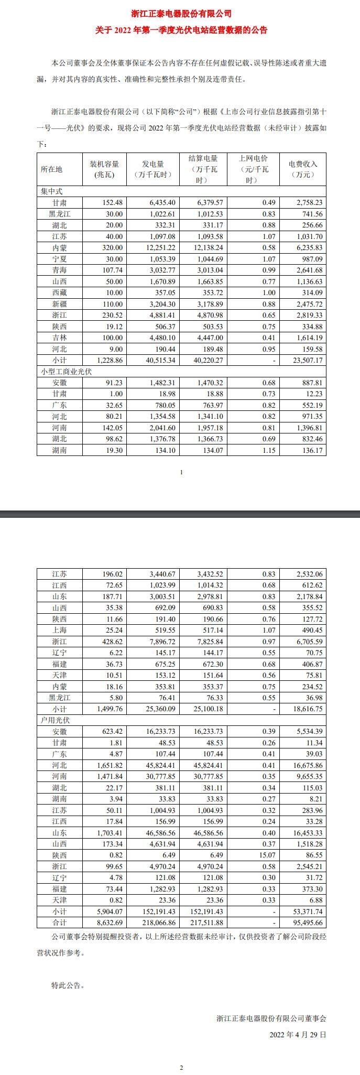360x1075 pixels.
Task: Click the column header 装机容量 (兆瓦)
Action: pos(105,169)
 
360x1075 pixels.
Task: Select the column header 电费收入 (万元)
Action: pos(303,169)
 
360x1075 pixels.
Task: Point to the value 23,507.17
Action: pos(304,360)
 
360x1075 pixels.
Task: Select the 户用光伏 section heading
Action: pos(55,720)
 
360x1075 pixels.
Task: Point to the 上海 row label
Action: pos(60,630)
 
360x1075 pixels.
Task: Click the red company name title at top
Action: pos(181,14)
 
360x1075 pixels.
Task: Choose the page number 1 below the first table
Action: pos(181,472)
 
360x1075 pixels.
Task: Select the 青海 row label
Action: pos(60,270)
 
